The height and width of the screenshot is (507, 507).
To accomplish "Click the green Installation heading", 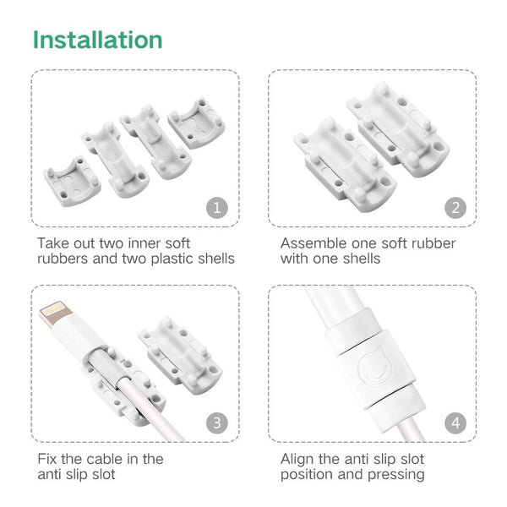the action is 97,40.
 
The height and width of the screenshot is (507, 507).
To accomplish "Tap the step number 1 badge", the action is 217,208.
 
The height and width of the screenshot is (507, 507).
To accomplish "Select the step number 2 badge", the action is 455,208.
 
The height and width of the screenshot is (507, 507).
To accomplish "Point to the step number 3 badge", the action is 217,423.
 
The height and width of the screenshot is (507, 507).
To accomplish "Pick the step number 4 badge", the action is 455,423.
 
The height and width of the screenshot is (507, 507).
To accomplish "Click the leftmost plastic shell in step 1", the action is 73,182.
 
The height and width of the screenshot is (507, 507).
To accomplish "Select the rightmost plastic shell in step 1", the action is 197,123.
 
